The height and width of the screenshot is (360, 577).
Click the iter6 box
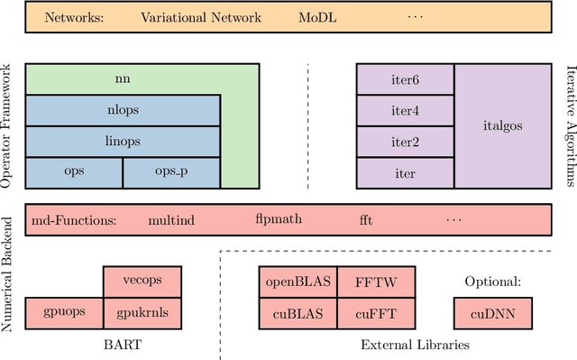406,79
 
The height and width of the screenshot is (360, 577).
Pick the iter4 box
406,111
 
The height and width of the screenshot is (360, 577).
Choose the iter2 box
406,142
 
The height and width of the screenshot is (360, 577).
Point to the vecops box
142,282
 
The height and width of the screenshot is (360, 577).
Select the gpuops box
64,313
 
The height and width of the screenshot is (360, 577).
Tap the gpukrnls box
142,313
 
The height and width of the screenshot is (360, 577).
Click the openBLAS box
298,282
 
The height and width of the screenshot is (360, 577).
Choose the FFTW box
376,282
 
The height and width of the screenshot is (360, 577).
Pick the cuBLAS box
298,313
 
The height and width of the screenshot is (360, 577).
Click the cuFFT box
376,313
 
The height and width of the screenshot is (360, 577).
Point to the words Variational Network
201,17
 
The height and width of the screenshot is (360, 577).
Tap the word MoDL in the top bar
318,17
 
